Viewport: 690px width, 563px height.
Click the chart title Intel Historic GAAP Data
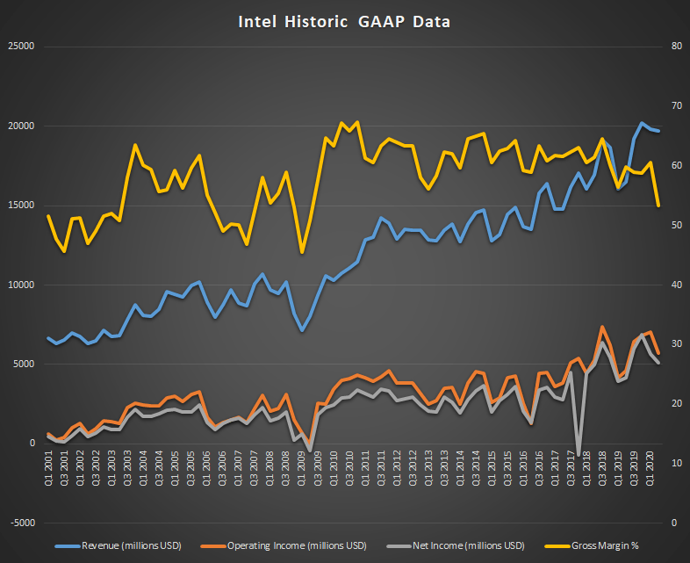coord(344,22)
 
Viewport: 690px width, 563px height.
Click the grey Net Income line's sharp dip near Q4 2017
coord(579,450)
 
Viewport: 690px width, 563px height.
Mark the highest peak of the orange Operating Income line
coord(602,328)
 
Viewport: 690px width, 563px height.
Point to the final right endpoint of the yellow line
coord(658,206)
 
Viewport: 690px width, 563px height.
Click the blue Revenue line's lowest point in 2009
coord(302,330)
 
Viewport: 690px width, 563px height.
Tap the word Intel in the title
coord(258,22)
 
